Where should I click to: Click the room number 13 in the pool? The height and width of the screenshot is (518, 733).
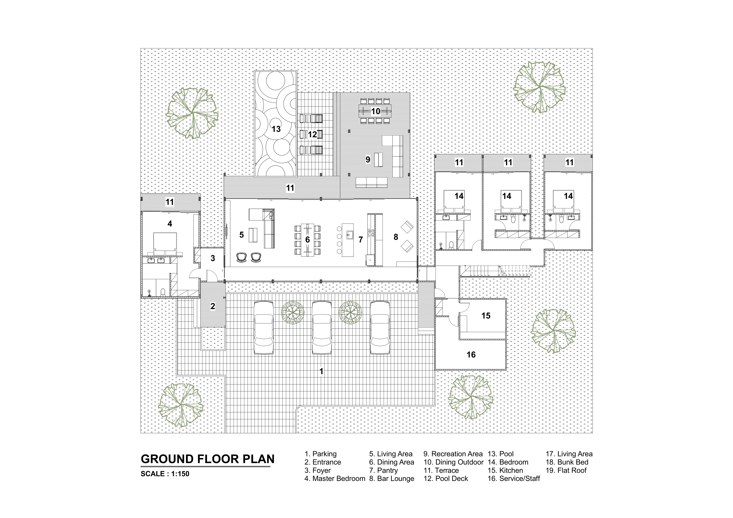pyautogui.click(x=276, y=129)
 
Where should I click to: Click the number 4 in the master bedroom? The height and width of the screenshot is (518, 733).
pyautogui.click(x=170, y=224)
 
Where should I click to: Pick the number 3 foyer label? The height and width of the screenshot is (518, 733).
pyautogui.click(x=213, y=258)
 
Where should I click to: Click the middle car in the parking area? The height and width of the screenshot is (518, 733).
pyautogui.click(x=322, y=327)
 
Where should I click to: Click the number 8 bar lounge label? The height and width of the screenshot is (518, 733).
pyautogui.click(x=396, y=237)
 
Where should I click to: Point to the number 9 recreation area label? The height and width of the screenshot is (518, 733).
pyautogui.click(x=368, y=160)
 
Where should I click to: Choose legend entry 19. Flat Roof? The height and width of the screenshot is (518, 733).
pyautogui.click(x=566, y=470)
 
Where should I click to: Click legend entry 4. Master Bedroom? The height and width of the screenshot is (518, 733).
pyautogui.click(x=335, y=479)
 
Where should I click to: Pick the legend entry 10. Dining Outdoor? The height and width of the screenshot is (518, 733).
pyautogui.click(x=453, y=462)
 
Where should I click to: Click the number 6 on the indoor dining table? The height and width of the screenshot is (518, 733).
pyautogui.click(x=307, y=240)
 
